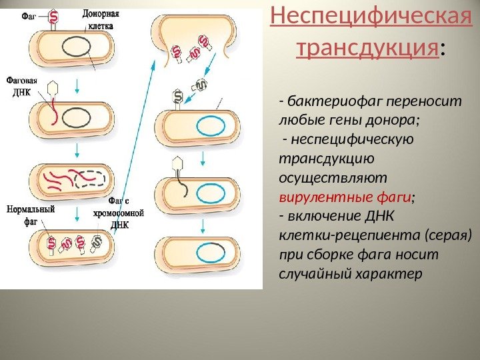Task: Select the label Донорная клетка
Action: pos(101,20)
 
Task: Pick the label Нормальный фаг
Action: pos(30,215)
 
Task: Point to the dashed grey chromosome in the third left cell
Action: pos(91,179)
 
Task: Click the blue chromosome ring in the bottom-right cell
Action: pos(212,252)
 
